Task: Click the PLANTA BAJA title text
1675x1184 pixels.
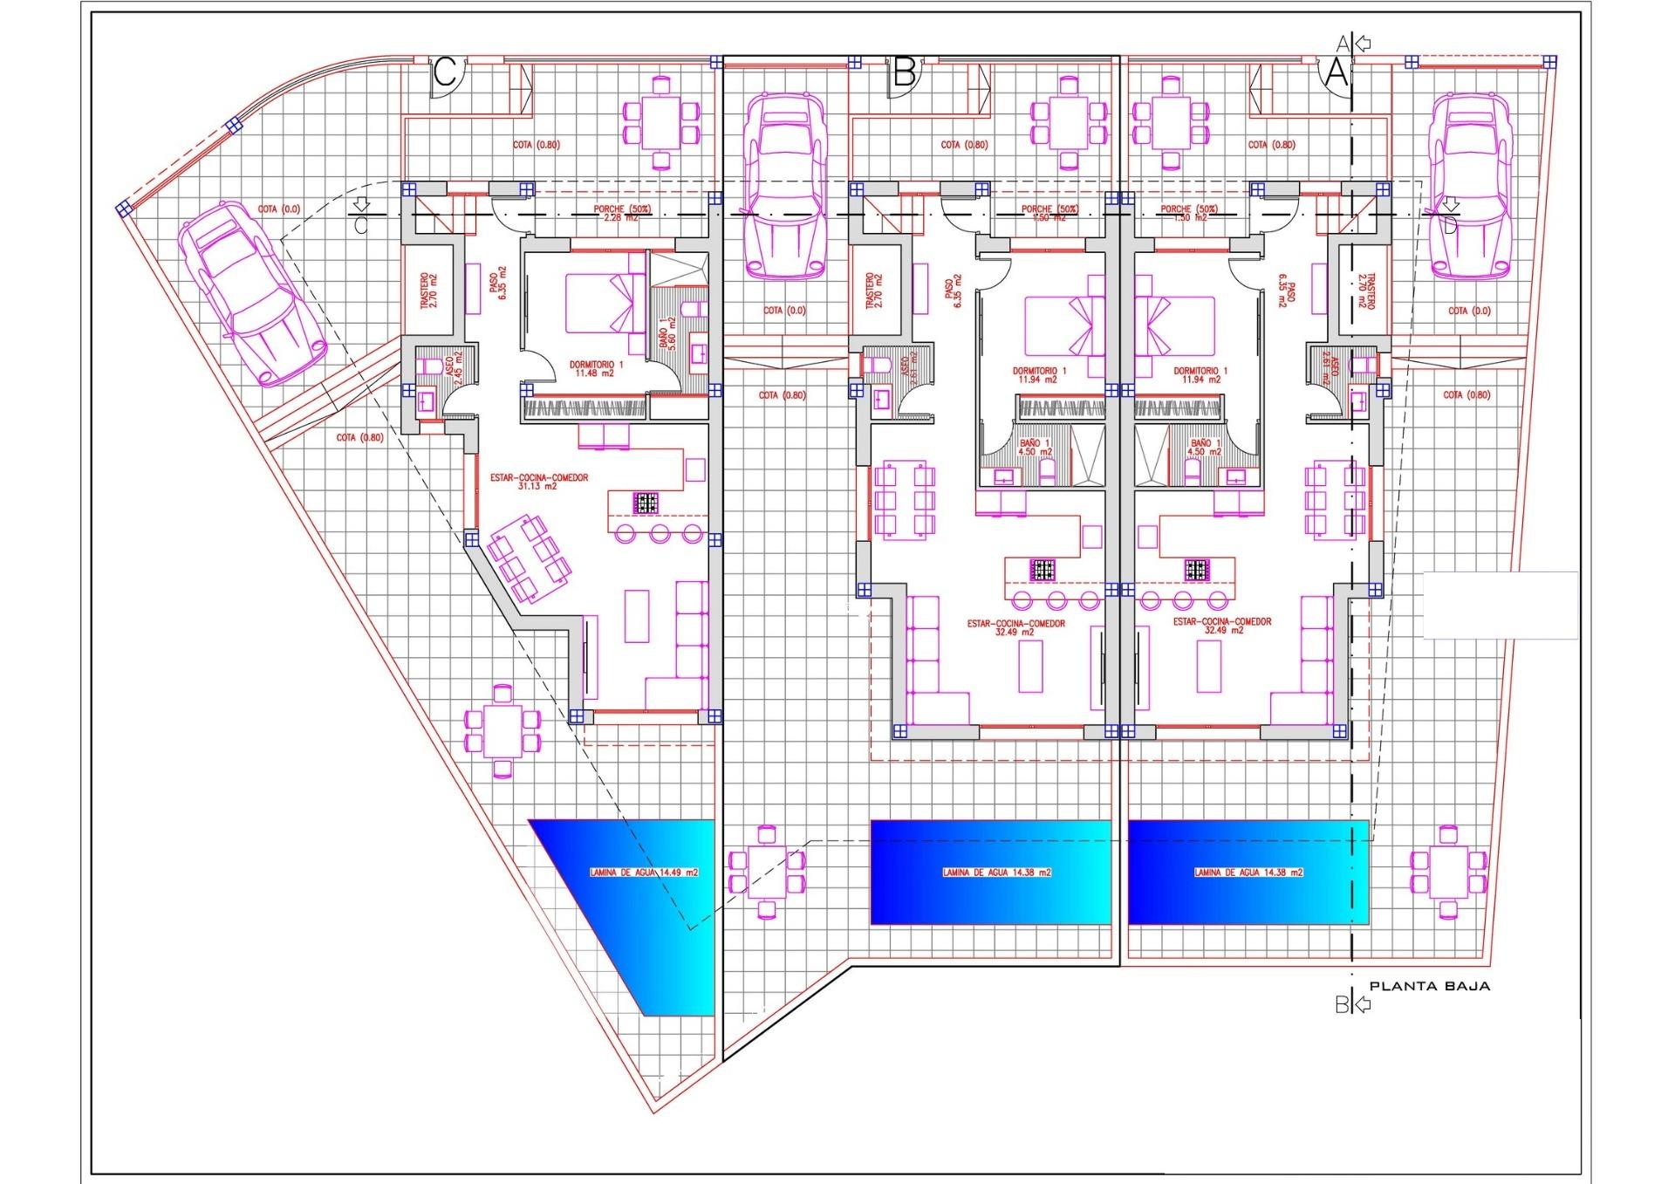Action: (1429, 986)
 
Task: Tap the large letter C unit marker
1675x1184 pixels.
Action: (445, 72)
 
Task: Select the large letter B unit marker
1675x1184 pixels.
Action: (904, 72)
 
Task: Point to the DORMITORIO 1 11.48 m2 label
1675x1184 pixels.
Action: (597, 368)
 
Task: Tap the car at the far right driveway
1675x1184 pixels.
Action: (1471, 185)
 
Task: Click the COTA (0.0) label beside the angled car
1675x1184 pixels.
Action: (279, 209)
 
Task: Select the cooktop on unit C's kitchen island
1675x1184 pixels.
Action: (646, 503)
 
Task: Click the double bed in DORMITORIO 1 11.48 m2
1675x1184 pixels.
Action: (603, 303)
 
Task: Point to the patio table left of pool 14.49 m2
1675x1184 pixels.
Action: (502, 730)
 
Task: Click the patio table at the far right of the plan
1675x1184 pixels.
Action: (1450, 871)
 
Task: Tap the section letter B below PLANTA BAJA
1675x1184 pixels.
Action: (1342, 1005)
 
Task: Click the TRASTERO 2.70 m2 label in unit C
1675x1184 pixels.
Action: (428, 291)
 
